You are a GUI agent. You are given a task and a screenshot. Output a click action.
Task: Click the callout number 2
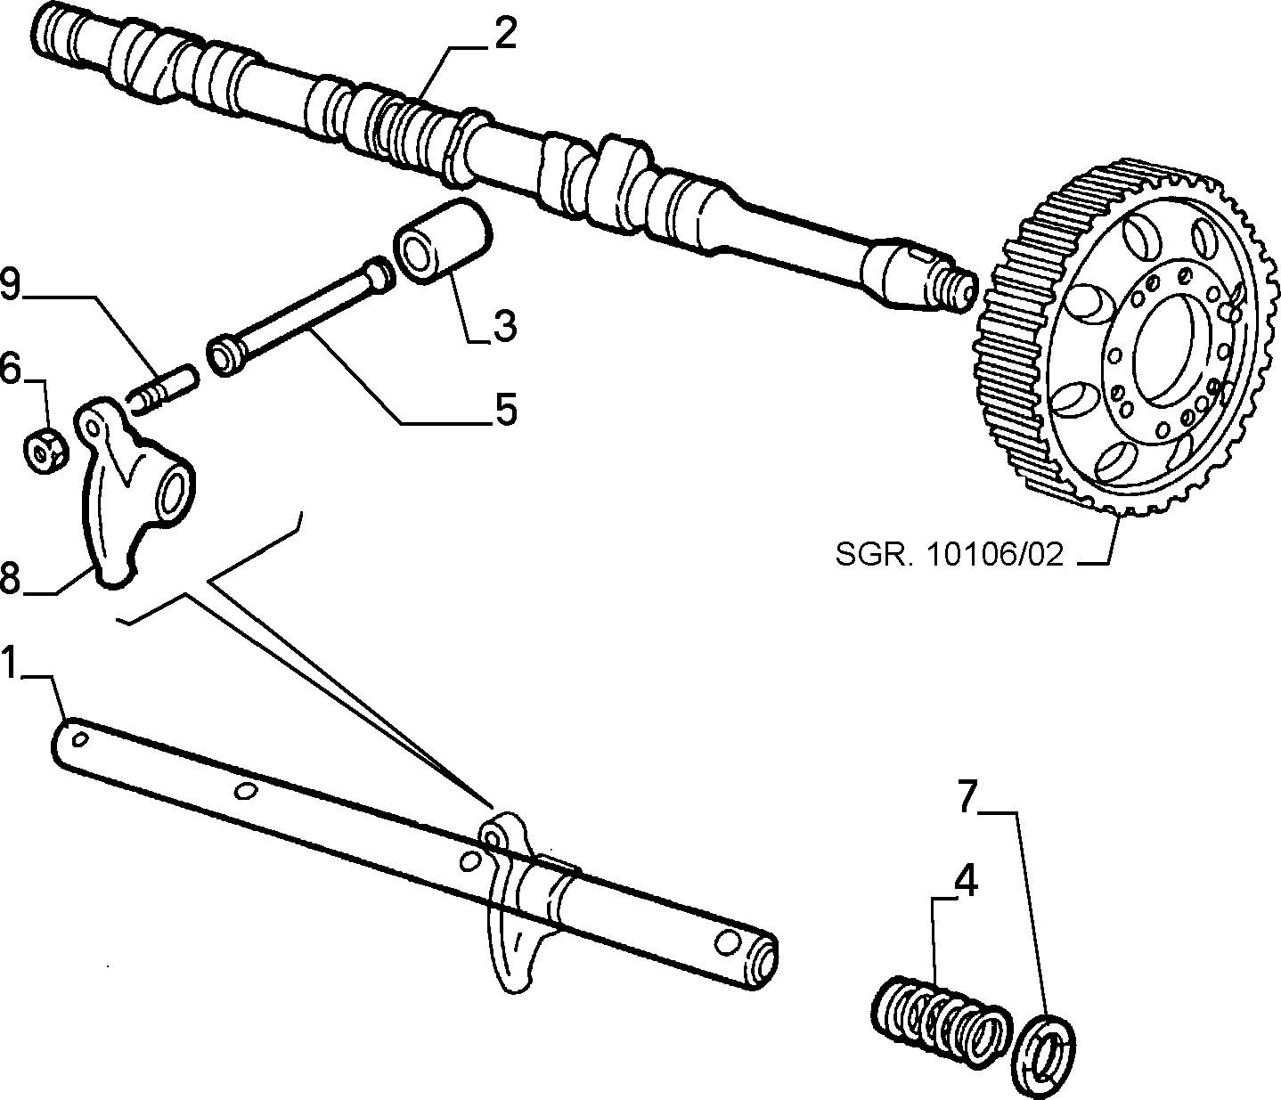[x=505, y=37]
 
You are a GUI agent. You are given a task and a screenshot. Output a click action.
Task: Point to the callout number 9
[x=11, y=286]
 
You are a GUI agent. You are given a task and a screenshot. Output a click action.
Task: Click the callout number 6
[x=11, y=370]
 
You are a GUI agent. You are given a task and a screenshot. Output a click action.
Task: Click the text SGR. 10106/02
[x=949, y=555]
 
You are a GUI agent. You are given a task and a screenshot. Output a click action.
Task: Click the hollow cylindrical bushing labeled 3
[x=444, y=241]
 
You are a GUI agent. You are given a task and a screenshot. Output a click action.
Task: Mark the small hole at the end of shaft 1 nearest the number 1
[x=79, y=738]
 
